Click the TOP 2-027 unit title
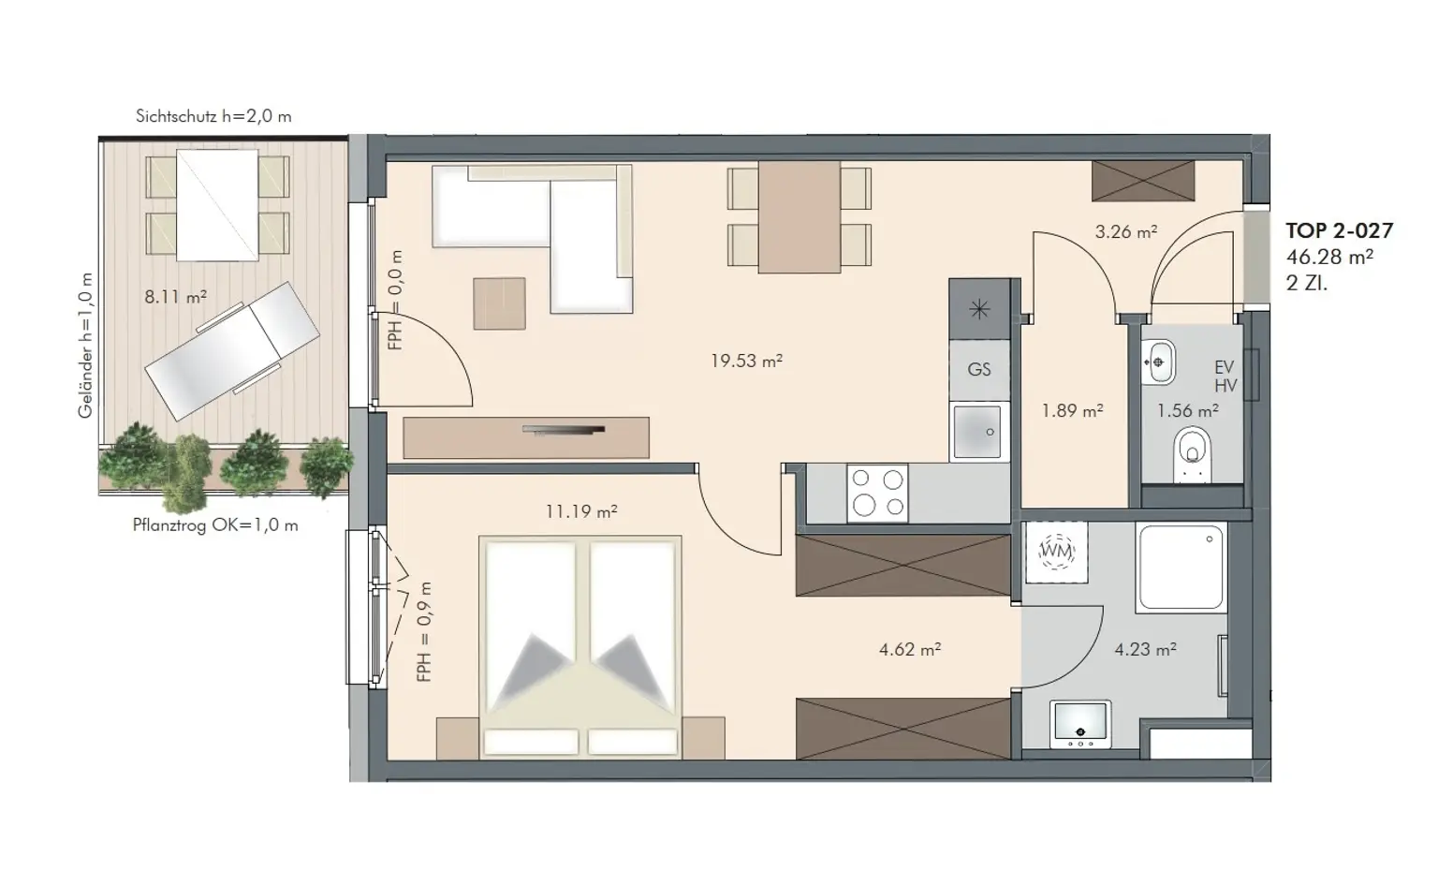point(1339,230)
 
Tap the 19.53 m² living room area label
point(746,361)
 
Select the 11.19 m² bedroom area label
point(581,511)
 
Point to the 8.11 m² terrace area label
point(175,297)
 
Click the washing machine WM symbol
point(1057,552)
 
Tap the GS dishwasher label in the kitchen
point(979,369)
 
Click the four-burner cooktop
point(877,493)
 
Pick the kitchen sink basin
point(977,432)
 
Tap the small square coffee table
point(499,303)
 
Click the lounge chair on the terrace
point(232,351)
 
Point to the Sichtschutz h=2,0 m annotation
point(213,116)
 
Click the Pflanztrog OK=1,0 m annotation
point(215,525)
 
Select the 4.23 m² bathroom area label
point(1145,650)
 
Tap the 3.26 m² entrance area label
point(1126,231)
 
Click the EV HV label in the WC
point(1225,377)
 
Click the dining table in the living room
point(800,217)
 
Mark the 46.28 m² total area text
point(1329,257)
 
